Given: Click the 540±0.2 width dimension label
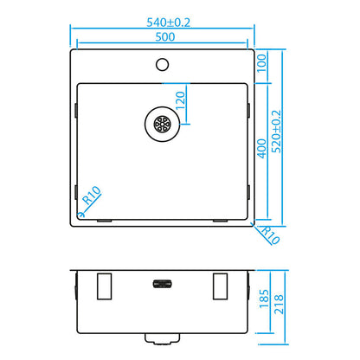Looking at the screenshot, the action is [x=169, y=22].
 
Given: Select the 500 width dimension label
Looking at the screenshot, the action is [x=165, y=37].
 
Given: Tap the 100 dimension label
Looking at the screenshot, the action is [x=262, y=63].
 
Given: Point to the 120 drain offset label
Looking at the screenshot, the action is [x=180, y=100].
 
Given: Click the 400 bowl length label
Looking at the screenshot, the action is [x=262, y=148].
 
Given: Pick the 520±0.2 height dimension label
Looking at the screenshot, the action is [x=276, y=132].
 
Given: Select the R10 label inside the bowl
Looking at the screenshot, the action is [x=92, y=195].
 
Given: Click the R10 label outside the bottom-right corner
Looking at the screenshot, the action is [x=270, y=235].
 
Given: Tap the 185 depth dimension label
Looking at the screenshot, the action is [x=264, y=299].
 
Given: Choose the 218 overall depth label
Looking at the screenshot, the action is [x=279, y=305].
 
